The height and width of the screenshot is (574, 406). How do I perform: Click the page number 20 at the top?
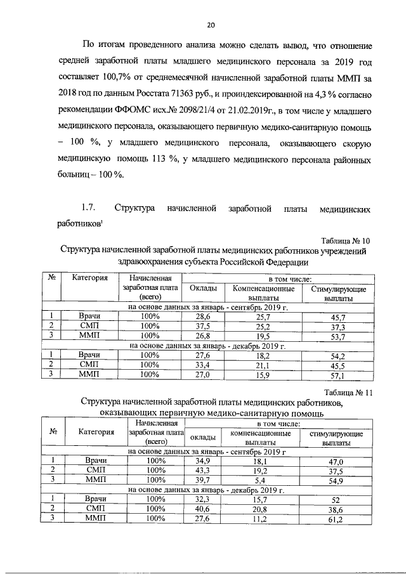(211, 25)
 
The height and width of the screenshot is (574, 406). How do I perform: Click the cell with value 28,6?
(202, 316)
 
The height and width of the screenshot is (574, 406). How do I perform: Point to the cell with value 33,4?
(202, 365)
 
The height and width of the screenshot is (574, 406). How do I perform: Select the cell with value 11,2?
(263, 519)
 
